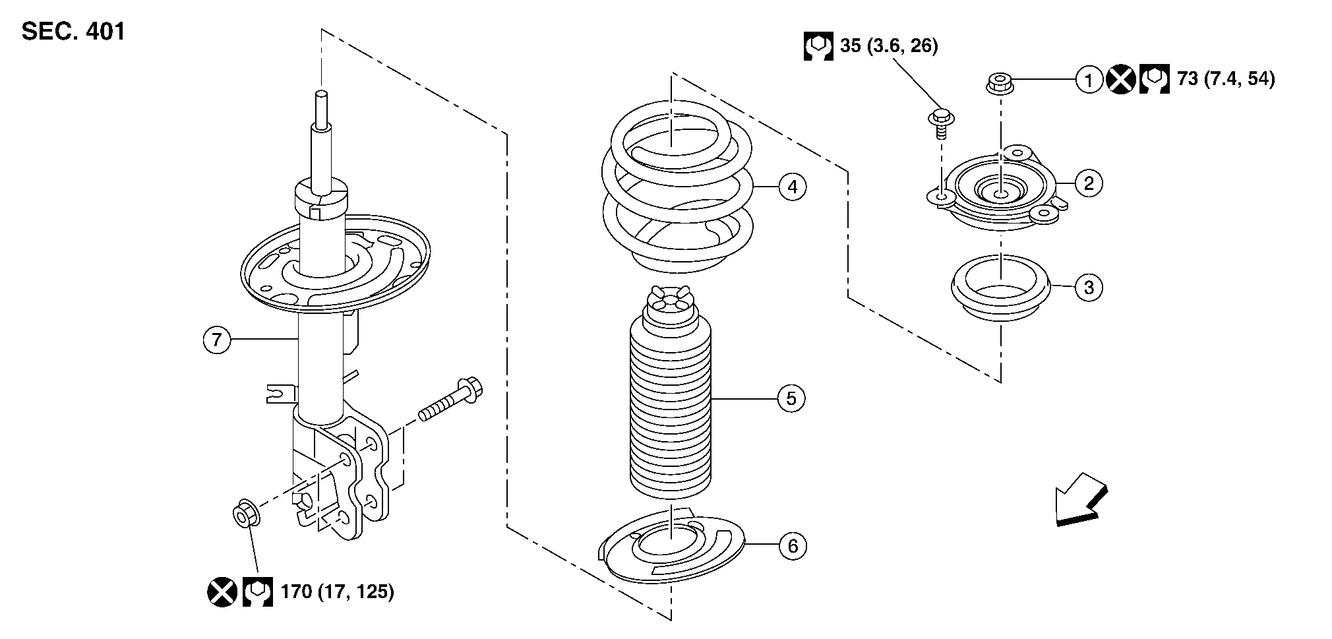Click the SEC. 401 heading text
point(73,32)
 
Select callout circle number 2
point(1089,183)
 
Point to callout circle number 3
point(1089,288)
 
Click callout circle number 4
point(792,187)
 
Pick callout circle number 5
point(791,398)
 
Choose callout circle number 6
point(792,546)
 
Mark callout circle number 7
point(217,340)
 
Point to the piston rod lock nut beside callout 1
point(1000,84)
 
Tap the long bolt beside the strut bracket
point(450,400)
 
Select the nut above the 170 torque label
point(247,513)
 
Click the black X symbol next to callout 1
point(1120,80)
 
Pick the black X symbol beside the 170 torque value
point(222,592)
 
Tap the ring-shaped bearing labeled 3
point(1000,289)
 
